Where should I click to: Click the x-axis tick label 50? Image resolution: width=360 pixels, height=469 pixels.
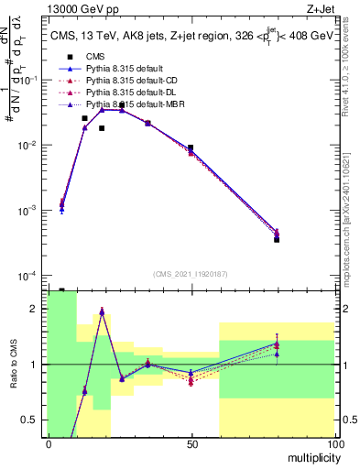[191, 444]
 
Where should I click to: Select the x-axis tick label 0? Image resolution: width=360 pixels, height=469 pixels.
[49, 444]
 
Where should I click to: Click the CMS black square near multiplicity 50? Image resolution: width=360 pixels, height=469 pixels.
[191, 147]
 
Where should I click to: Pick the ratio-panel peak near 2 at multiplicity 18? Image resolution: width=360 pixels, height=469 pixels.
[102, 311]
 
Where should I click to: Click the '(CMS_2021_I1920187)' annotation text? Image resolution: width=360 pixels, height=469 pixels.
[191, 273]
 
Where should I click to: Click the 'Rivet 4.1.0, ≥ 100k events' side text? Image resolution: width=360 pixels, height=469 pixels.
[351, 73]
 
